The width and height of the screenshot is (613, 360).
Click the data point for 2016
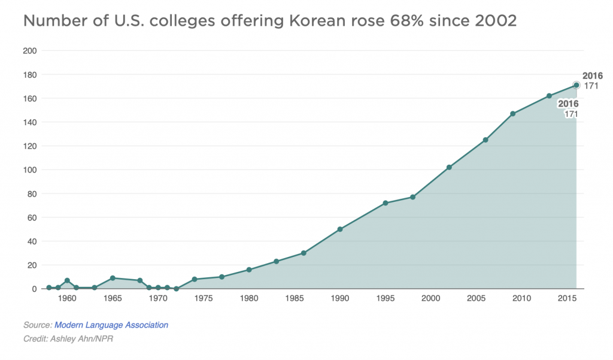point(576,85)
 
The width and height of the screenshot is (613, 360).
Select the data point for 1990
point(340,229)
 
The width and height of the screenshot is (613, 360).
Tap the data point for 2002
point(449,167)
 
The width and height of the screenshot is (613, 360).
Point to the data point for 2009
point(513,114)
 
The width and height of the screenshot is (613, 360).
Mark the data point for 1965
point(113,278)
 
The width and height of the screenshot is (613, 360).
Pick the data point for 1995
point(386,203)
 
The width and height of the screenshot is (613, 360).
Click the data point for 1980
point(249,270)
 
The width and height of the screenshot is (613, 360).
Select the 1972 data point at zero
point(176,289)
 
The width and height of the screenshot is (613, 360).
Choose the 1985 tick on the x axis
point(295,298)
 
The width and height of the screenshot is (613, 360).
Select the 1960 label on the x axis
point(67,298)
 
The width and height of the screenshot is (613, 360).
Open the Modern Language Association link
point(111,325)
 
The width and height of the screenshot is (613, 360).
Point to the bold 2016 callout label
point(593,76)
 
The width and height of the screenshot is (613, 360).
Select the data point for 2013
point(549,96)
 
